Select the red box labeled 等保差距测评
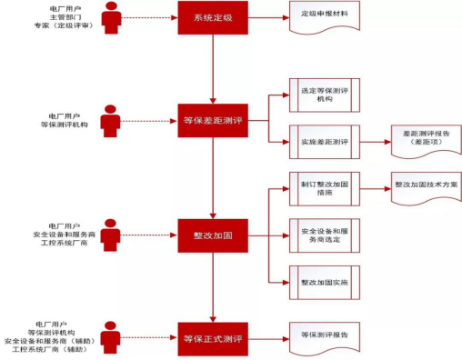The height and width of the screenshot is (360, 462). pos(211,118)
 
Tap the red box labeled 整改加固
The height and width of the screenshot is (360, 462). pos(211,235)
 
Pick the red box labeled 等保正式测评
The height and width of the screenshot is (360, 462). pos(211,338)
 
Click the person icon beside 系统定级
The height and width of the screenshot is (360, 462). pos(110,17)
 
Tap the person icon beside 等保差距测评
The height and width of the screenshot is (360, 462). pos(110,119)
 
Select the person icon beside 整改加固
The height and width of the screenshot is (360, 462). pos(110,235)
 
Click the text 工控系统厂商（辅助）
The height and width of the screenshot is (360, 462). pos(53,351)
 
